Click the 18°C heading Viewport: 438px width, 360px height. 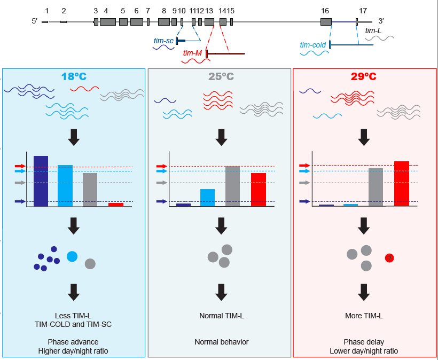point(74,76)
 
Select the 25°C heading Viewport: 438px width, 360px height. point(221,76)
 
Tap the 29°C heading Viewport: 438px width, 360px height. point(364,76)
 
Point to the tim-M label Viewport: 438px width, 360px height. point(192,53)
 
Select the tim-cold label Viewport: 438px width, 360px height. point(313,45)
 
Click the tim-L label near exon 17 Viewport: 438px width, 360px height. point(374,31)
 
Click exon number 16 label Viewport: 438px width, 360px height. point(325,11)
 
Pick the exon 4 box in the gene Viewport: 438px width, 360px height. point(107,22)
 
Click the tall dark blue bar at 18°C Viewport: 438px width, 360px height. point(41,181)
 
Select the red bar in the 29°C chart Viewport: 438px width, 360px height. point(402,183)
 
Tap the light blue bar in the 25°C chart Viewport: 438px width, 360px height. point(207,197)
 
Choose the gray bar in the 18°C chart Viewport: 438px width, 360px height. point(90,189)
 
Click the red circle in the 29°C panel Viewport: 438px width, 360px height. point(389,259)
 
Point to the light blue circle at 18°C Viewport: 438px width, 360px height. point(72,256)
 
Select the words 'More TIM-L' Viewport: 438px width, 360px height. point(364,316)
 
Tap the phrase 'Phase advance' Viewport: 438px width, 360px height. point(74,342)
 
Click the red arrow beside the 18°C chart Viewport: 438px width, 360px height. point(20,167)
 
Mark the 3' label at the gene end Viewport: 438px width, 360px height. point(381,20)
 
